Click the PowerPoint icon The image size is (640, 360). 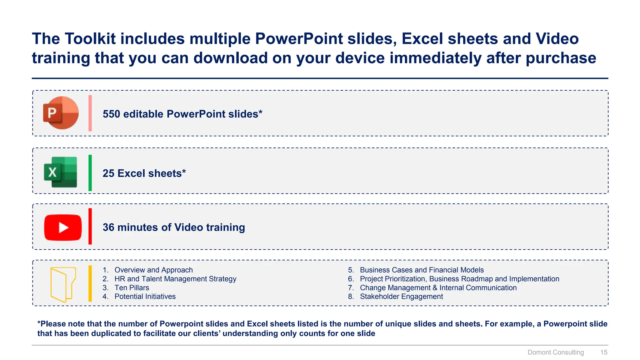[61, 113]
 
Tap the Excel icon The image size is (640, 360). [61, 172]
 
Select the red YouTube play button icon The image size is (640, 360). [63, 227]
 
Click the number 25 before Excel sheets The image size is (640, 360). [108, 173]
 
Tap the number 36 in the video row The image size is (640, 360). [108, 227]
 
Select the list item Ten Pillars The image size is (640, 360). [132, 288]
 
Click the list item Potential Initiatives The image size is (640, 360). [145, 297]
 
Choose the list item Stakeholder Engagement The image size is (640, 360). [401, 297]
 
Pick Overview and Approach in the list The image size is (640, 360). [153, 270]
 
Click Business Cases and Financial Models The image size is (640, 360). [422, 270]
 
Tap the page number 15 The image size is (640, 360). [604, 352]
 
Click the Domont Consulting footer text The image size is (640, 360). [556, 352]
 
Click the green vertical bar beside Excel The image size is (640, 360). [90, 173]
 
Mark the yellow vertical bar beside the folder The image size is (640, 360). [90, 283]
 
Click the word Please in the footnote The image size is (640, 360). [53, 324]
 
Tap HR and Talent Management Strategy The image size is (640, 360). [175, 279]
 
